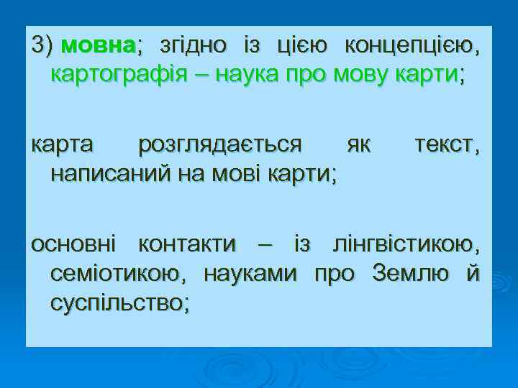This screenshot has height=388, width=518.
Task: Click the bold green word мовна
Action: (x=99, y=47)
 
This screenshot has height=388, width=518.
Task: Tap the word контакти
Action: (x=186, y=245)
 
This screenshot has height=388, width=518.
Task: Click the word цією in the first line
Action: (x=292, y=47)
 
